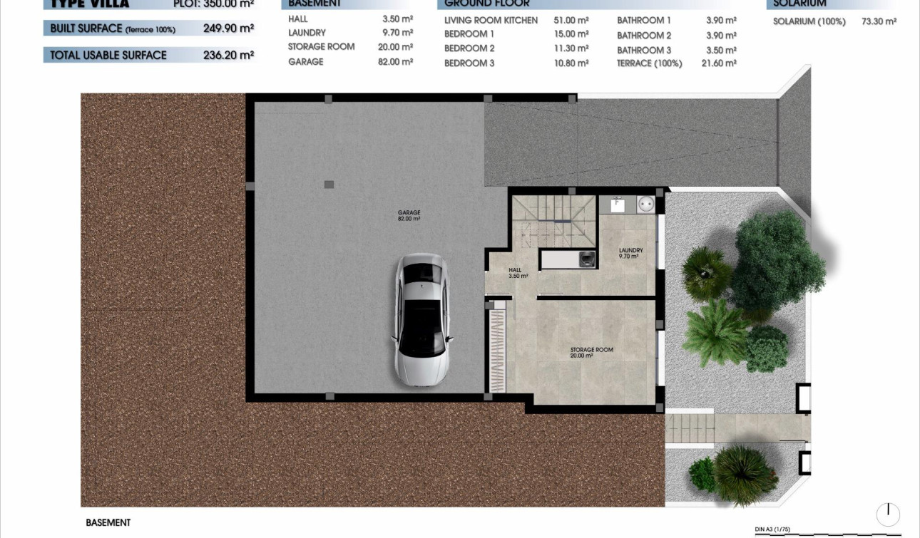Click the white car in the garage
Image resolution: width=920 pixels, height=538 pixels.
click(421, 321)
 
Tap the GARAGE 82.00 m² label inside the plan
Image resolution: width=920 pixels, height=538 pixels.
click(409, 215)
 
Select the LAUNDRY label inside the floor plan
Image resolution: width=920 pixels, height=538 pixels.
click(630, 253)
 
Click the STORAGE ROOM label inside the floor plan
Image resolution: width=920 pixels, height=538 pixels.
click(591, 352)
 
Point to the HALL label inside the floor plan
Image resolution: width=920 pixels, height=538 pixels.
click(514, 273)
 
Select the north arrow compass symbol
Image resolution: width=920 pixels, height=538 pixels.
click(888, 514)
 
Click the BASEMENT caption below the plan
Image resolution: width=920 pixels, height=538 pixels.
click(108, 522)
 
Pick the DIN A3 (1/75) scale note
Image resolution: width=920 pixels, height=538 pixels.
click(772, 529)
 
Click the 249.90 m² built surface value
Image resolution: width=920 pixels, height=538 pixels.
click(228, 29)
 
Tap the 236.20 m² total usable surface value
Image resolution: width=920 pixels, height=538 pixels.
click(228, 55)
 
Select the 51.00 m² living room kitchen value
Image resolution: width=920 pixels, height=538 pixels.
click(571, 20)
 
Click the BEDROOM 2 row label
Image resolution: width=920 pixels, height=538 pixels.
click(469, 48)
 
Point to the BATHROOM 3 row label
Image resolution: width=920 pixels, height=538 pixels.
click(643, 50)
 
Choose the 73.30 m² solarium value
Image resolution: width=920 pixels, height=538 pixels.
click(879, 21)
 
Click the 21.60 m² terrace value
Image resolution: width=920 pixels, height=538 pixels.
click(720, 63)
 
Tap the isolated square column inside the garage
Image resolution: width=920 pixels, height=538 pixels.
click(329, 185)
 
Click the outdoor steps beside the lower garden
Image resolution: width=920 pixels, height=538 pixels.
click(689, 429)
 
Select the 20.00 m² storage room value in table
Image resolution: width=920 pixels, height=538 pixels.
click(397, 47)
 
